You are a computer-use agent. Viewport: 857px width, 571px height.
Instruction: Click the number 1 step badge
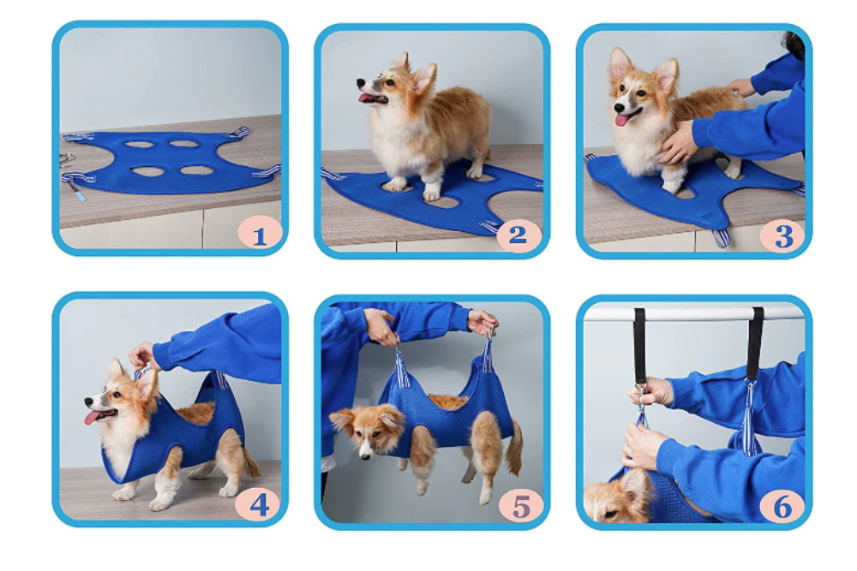click(x=259, y=232)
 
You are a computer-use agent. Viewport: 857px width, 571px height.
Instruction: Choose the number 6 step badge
click(x=782, y=505)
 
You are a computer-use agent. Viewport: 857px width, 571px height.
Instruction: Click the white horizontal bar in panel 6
click(x=694, y=313)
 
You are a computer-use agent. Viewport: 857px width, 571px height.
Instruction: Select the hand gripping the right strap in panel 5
click(x=482, y=322)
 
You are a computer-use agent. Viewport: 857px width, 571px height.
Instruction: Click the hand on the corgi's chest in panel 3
click(x=677, y=142)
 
